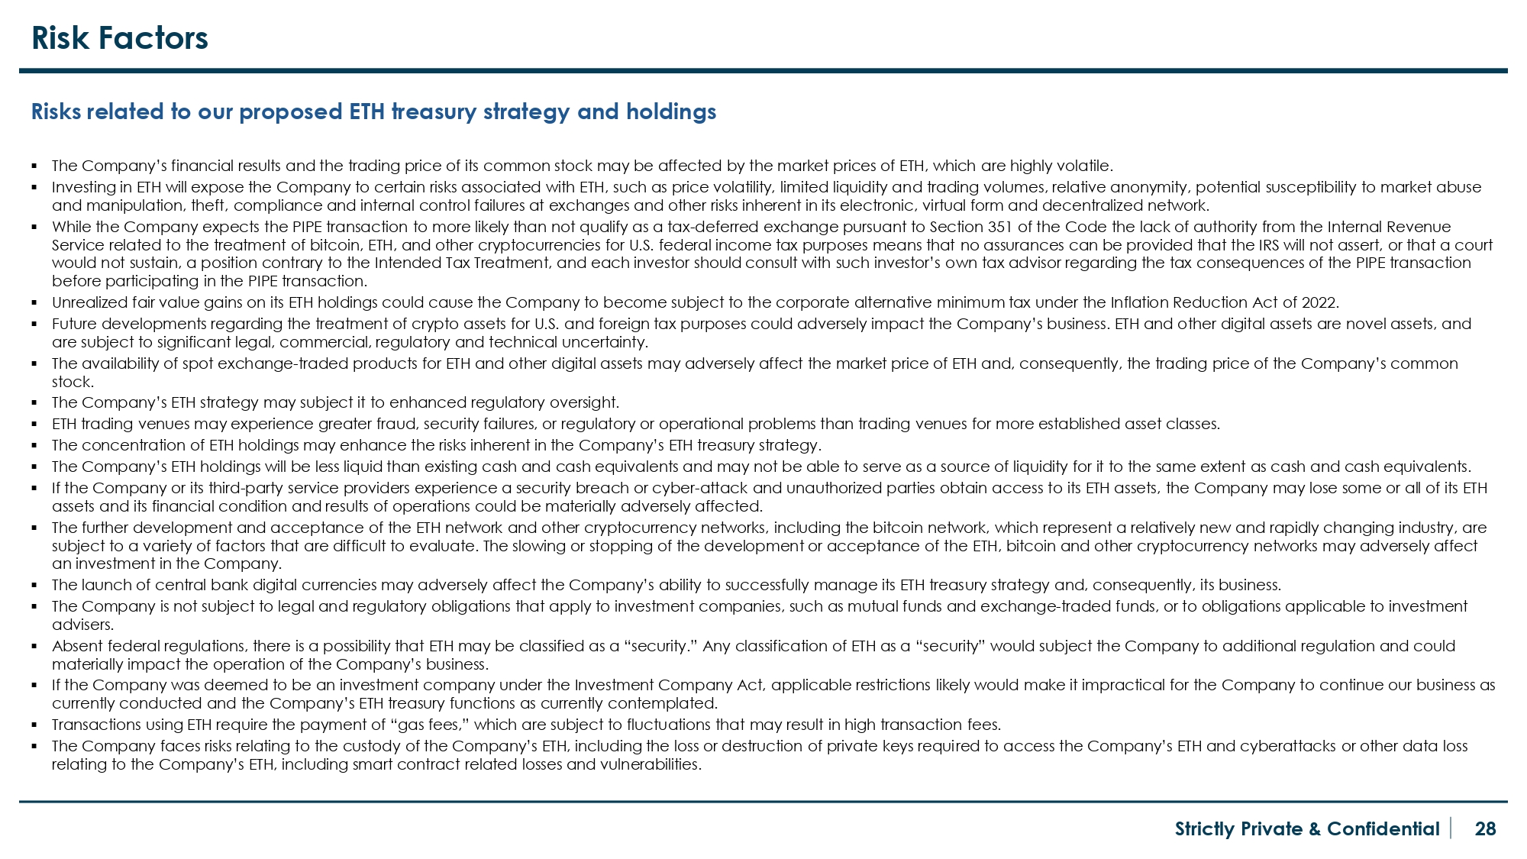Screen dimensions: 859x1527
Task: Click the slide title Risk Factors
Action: point(120,38)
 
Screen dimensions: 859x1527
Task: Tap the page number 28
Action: point(1485,829)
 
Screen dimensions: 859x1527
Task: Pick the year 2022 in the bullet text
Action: point(1319,302)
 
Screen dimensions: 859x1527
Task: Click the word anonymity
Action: point(1148,187)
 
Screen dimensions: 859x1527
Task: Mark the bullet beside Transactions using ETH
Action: point(35,725)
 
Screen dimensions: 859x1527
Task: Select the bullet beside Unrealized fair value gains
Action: point(35,302)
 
